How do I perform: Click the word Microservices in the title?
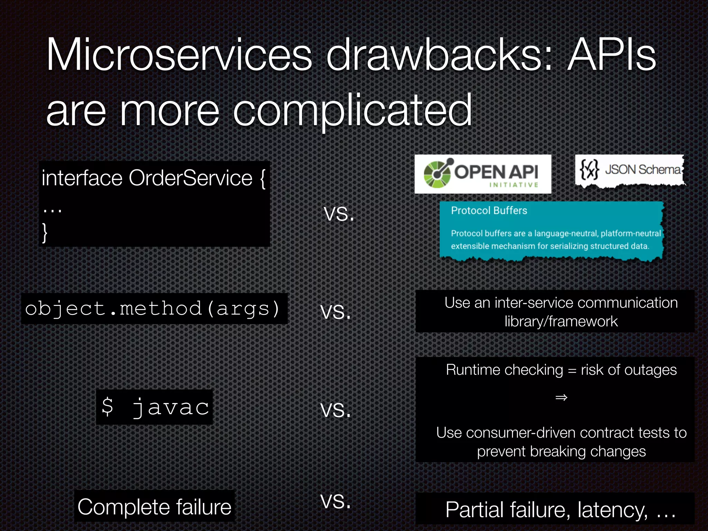click(179, 55)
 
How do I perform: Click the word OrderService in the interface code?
click(190, 178)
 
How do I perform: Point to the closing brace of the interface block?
click(45, 232)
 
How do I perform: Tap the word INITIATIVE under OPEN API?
click(514, 185)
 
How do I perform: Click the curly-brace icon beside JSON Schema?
click(589, 169)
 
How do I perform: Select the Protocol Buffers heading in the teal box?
click(489, 211)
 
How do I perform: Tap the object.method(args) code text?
click(152, 308)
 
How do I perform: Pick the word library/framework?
click(561, 322)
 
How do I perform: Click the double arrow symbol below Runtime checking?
click(561, 398)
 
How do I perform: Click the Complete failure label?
click(154, 507)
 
